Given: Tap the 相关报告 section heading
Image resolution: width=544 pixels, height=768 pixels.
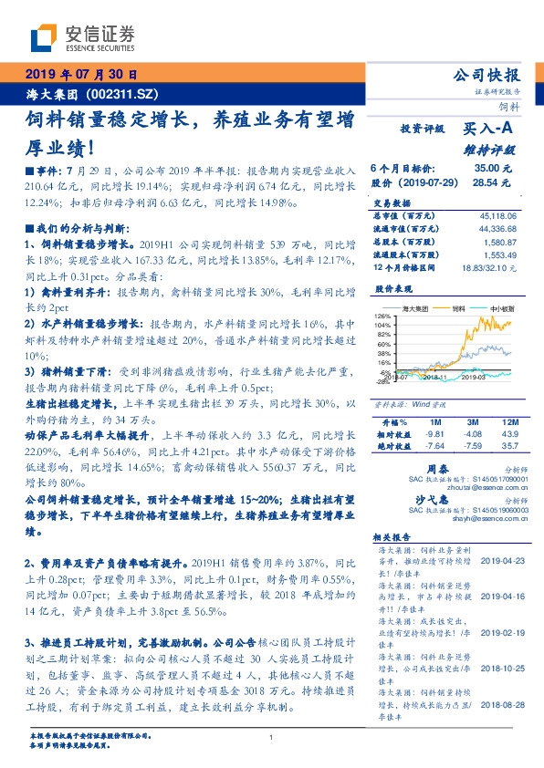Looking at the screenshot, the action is click(x=396, y=539).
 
